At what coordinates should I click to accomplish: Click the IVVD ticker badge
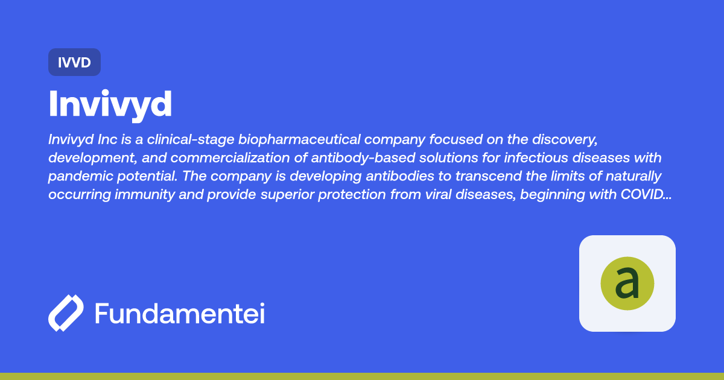(74, 62)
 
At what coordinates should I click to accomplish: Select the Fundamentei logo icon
(66, 313)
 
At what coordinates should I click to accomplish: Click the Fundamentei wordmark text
(180, 313)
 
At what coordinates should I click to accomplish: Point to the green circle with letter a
(627, 283)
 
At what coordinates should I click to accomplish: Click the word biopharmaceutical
(299, 139)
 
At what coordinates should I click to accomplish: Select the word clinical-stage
(191, 139)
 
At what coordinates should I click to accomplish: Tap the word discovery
(565, 139)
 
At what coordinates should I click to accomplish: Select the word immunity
(145, 195)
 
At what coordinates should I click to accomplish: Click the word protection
(352, 195)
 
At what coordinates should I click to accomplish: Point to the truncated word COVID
(646, 194)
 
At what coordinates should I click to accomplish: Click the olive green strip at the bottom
(362, 376)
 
